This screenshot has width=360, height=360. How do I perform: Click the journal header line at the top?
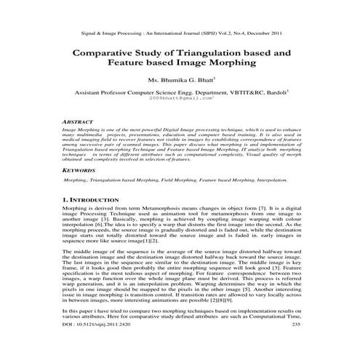[x=180, y=33]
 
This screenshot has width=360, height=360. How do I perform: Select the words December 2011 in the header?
[x=260, y=33]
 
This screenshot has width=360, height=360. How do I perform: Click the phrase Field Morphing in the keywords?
[x=170, y=177]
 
